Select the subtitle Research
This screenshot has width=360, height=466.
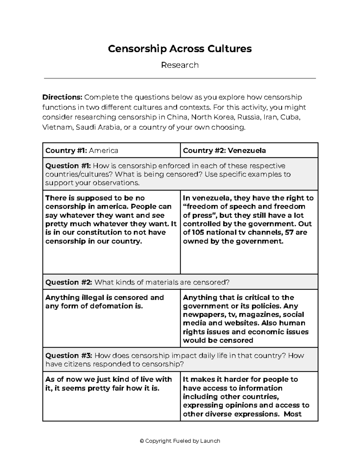180,65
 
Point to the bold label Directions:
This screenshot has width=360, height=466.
62,97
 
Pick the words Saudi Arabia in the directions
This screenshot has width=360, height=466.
98,127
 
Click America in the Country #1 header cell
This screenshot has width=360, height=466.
103,150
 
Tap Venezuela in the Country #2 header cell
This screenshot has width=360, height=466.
247,150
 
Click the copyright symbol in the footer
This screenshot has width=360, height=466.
142,441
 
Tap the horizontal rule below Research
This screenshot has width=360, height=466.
180,79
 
